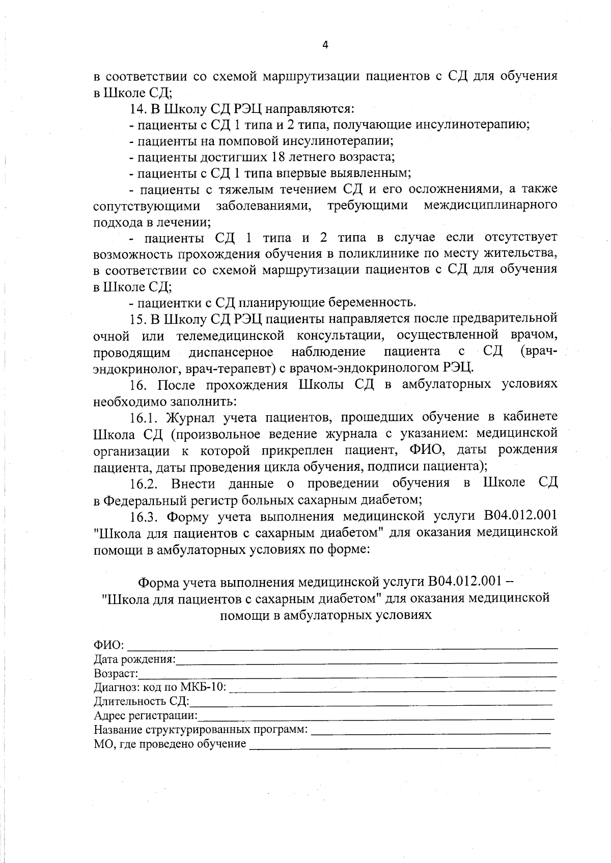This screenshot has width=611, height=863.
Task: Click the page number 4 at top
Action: coord(325,45)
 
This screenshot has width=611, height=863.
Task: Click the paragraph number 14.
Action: coord(138,109)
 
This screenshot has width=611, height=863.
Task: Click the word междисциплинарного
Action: coord(490,206)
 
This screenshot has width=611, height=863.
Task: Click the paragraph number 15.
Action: coord(138,320)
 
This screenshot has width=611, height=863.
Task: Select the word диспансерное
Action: coord(231,352)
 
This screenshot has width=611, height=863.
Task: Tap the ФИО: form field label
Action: coord(109,645)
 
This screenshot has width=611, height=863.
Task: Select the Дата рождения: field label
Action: coord(134,659)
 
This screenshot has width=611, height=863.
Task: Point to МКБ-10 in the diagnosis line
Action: coord(206,688)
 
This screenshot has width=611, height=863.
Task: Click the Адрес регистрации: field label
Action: coord(146,716)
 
